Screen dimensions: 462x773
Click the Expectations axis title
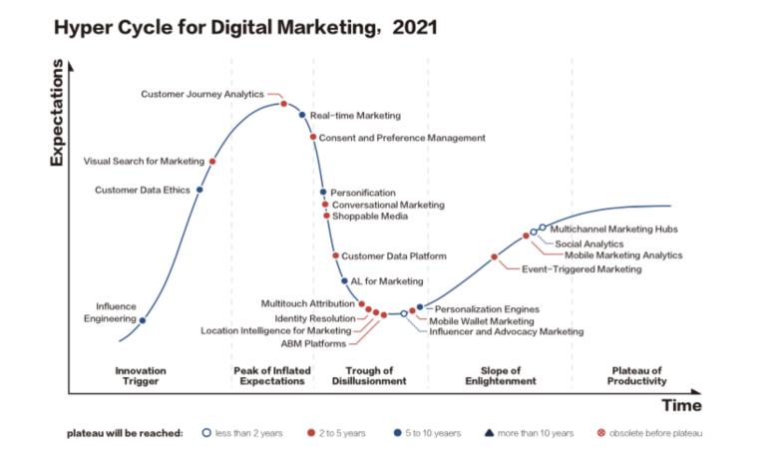56,114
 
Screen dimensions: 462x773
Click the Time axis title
681,405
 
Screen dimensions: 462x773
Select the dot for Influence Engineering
143,320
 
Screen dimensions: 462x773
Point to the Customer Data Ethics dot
199,190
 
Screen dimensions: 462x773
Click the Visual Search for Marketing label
144,161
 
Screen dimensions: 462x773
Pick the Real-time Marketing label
355,116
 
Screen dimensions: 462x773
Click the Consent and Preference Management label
403,138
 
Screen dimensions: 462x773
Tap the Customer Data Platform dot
335,256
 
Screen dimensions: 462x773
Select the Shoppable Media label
369,216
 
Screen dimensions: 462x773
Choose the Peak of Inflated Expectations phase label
272,375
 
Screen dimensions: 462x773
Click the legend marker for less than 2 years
205,433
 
